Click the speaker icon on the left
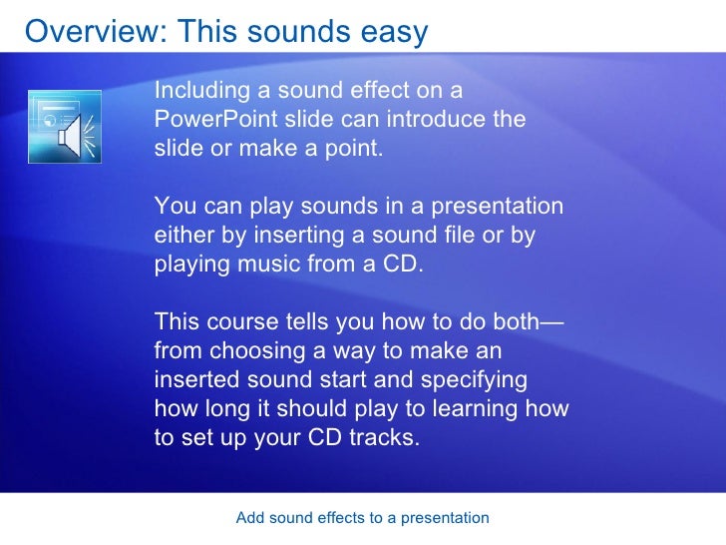click(x=66, y=128)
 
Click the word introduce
click(x=434, y=120)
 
